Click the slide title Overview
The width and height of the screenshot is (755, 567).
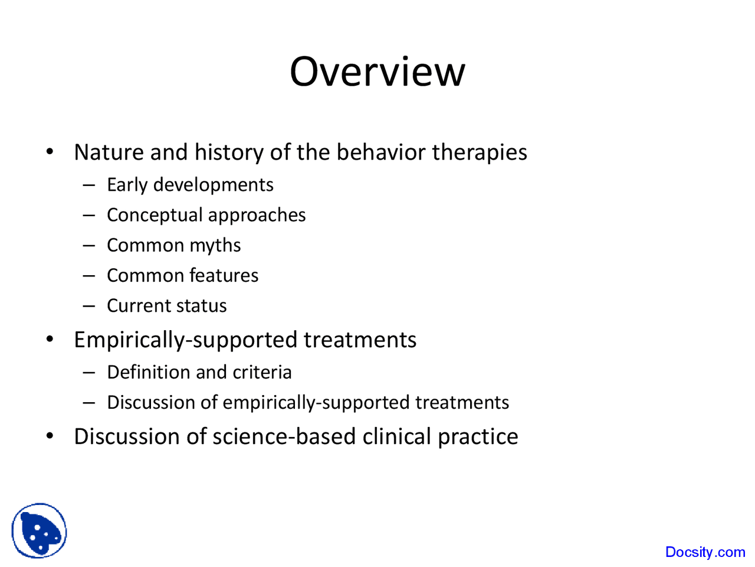coord(377,71)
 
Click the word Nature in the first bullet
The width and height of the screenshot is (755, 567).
coord(109,152)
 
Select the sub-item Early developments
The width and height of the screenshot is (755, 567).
coord(190,185)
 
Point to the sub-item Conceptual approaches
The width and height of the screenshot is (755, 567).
coord(206,215)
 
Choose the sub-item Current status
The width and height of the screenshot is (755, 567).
coord(166,306)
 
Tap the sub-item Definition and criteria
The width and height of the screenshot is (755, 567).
coord(199,372)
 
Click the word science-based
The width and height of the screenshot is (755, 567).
coord(284,436)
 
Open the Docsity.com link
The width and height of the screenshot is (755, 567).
coord(705,552)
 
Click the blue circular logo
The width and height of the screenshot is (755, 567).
coord(39,531)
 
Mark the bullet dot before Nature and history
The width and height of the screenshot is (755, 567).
coord(50,152)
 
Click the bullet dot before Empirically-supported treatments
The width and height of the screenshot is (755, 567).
coord(50,340)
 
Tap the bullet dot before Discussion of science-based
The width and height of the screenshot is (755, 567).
coord(50,436)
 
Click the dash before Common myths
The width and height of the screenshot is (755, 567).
coord(89,245)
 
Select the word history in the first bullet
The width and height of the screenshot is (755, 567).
coord(229,152)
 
